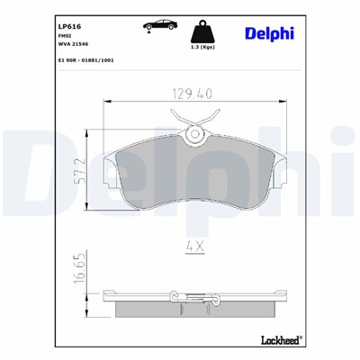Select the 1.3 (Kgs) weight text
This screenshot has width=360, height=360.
(211, 45)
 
